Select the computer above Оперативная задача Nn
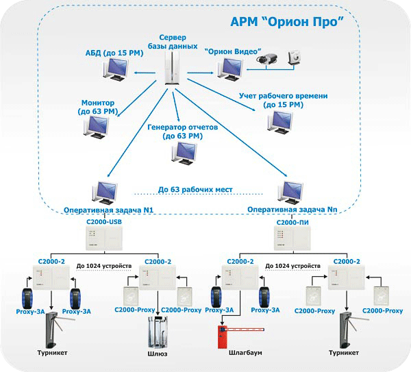coord(293,192)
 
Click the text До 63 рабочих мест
coord(195,189)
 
